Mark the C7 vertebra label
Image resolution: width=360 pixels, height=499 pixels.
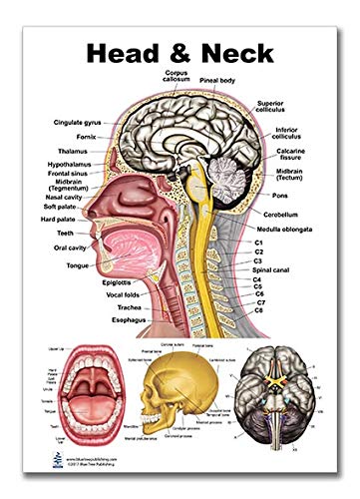pyautogui.click(x=286, y=302)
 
